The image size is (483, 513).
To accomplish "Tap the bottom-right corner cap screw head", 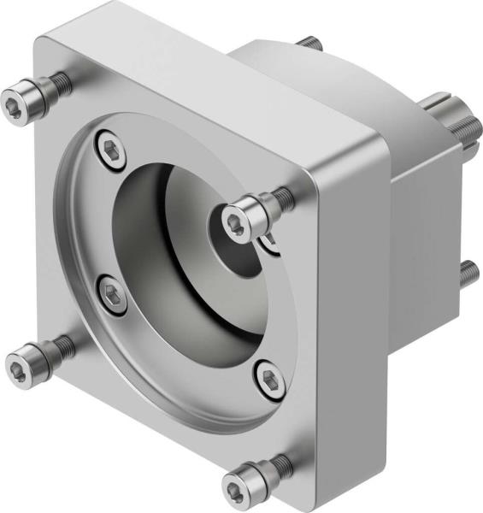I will tap(239, 486).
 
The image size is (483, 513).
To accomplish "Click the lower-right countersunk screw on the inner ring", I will tap(268, 376).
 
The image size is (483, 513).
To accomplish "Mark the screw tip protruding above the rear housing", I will tap(309, 43).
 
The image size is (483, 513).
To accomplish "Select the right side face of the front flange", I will tap(346, 316).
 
